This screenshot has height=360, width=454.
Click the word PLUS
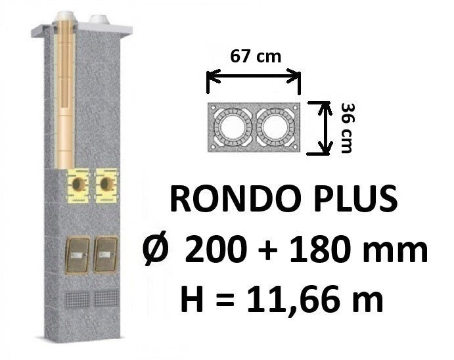click(355, 200)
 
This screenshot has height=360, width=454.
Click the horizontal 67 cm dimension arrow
click(254, 76)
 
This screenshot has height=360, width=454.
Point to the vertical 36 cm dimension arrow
click(325, 128)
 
